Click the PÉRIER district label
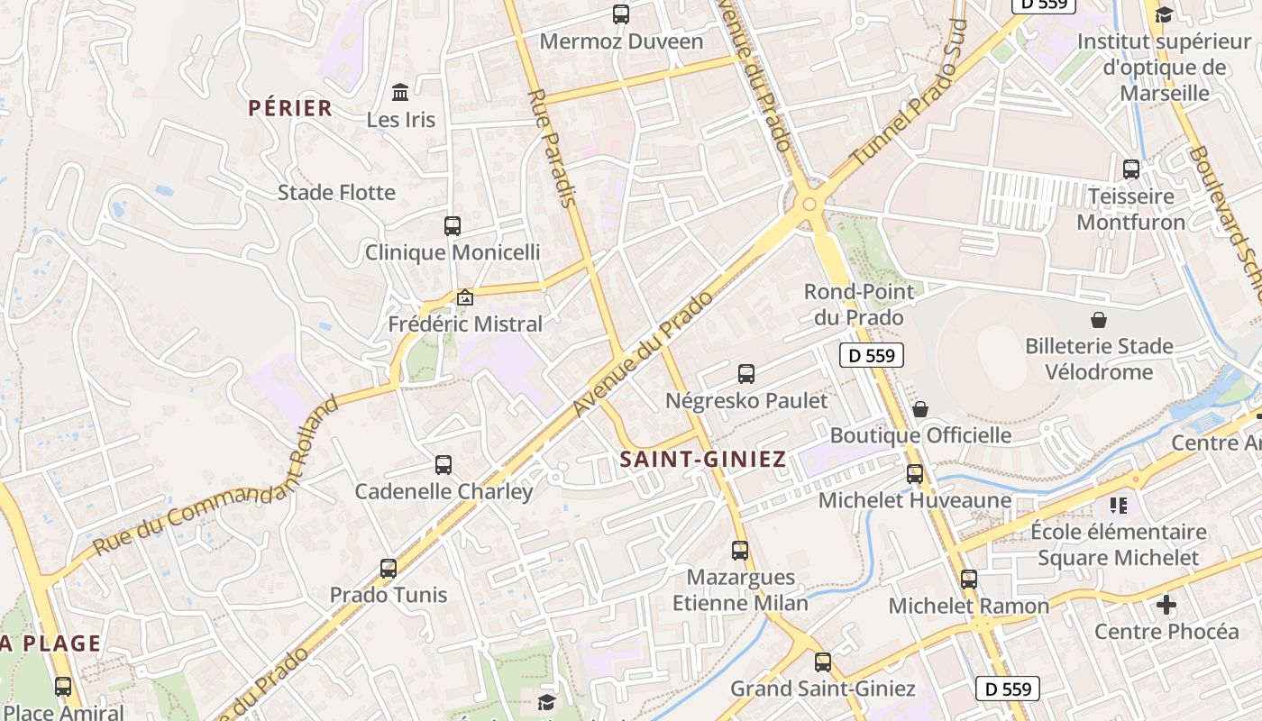tap(290, 109)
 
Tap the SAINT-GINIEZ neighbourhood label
tap(702, 460)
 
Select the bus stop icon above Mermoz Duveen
tap(621, 14)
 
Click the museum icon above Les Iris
tap(400, 92)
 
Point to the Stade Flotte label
tap(336, 193)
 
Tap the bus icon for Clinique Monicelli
tap(453, 226)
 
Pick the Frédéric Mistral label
tap(465, 324)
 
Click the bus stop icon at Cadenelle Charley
tap(444, 465)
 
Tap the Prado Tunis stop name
tap(389, 596)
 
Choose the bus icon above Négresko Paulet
tap(746, 374)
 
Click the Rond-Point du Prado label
tap(858, 304)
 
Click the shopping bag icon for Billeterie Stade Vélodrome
tap(1099, 320)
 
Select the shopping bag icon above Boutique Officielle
tap(920, 410)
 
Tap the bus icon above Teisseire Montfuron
tap(1131, 169)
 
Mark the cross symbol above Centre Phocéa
tap(1166, 605)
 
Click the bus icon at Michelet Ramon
tap(969, 580)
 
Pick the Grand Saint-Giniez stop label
tap(822, 689)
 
